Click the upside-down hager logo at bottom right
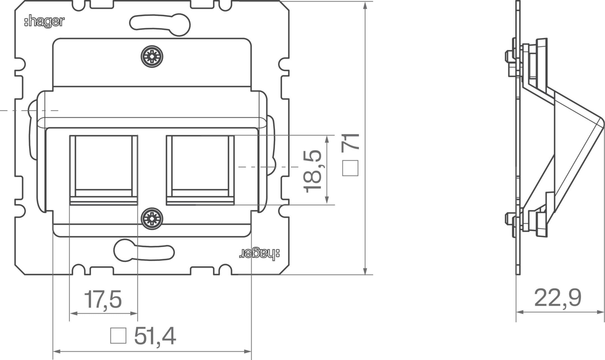click(x=259, y=254)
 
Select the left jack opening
click(x=103, y=170)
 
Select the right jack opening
click(x=200, y=170)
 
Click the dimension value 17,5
click(x=103, y=299)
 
